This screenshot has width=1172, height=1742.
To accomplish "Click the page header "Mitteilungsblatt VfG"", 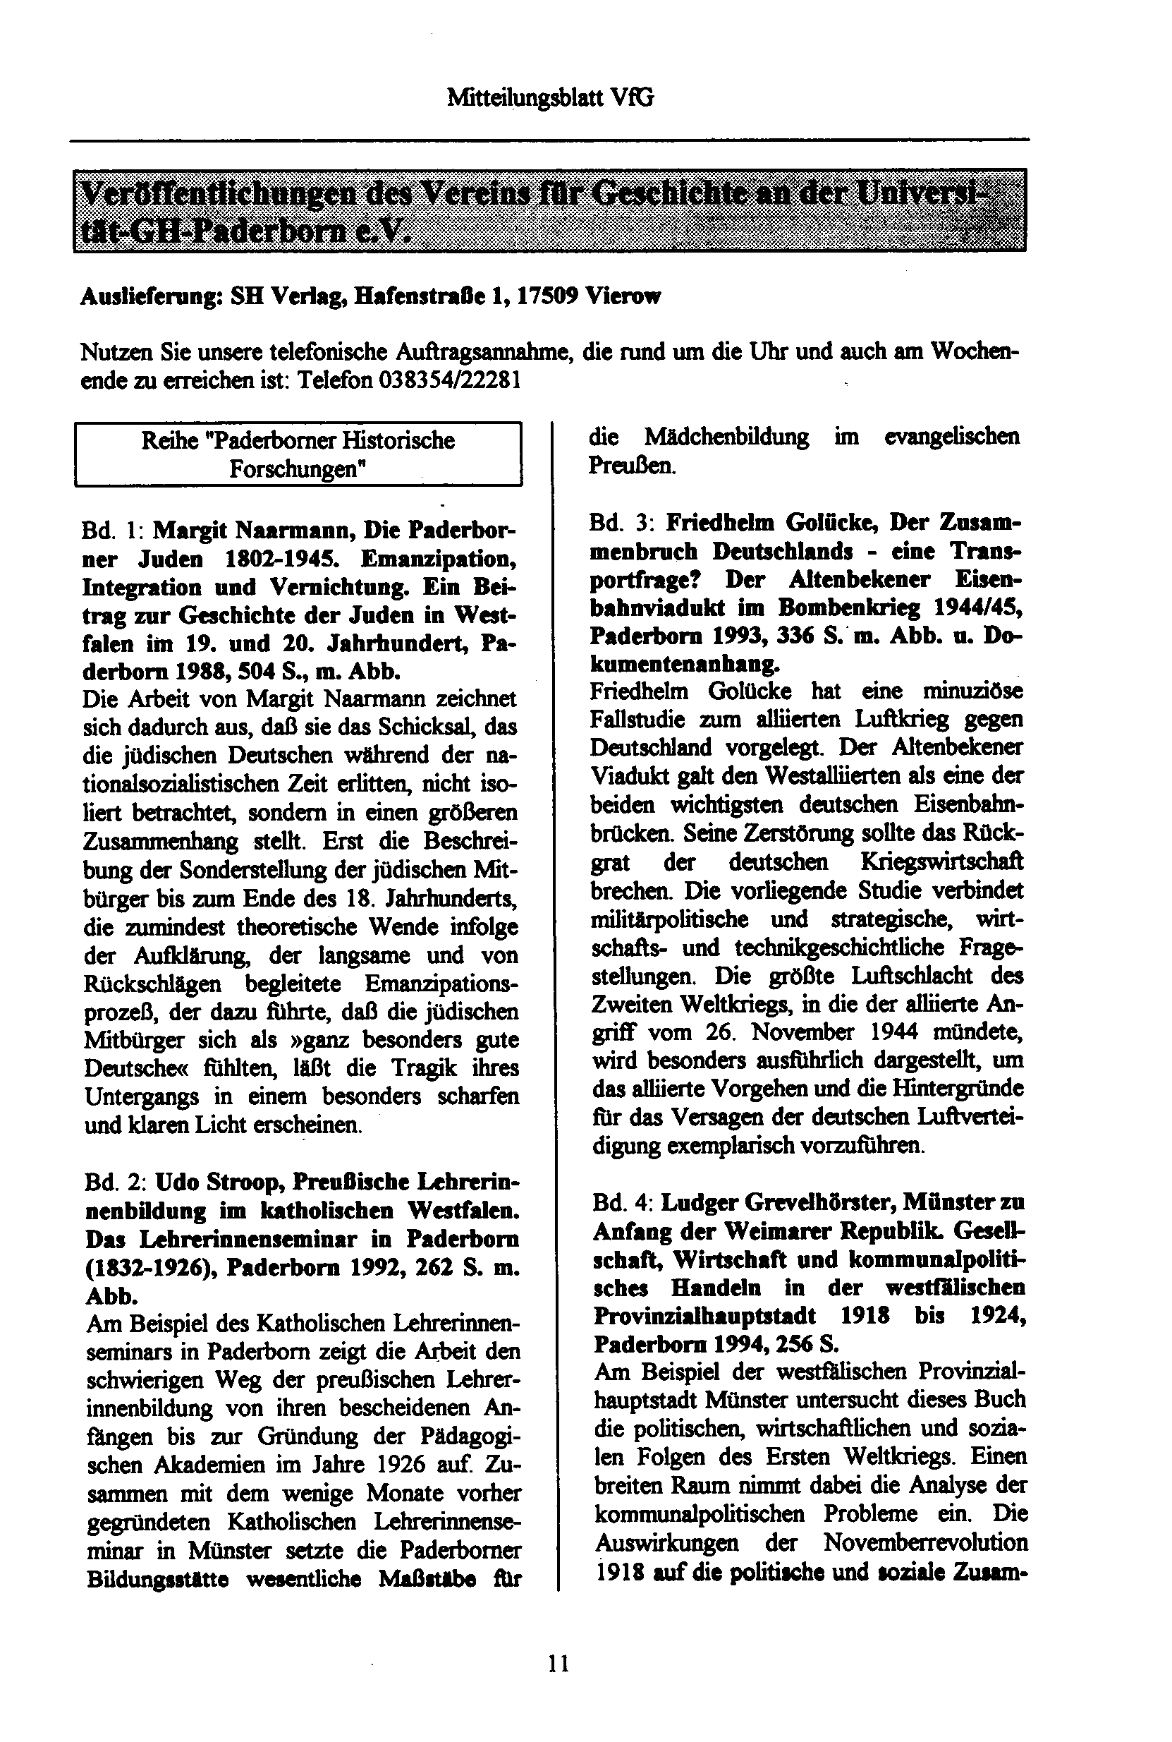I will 550,97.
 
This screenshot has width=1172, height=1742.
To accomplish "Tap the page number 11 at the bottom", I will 558,1664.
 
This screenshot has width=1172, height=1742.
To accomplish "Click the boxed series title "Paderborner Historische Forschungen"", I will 298,454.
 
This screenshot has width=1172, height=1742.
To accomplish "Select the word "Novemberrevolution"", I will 925,1542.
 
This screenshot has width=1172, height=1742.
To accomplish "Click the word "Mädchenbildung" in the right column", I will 726,437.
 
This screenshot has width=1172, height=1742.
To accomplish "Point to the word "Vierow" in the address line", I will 623,297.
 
